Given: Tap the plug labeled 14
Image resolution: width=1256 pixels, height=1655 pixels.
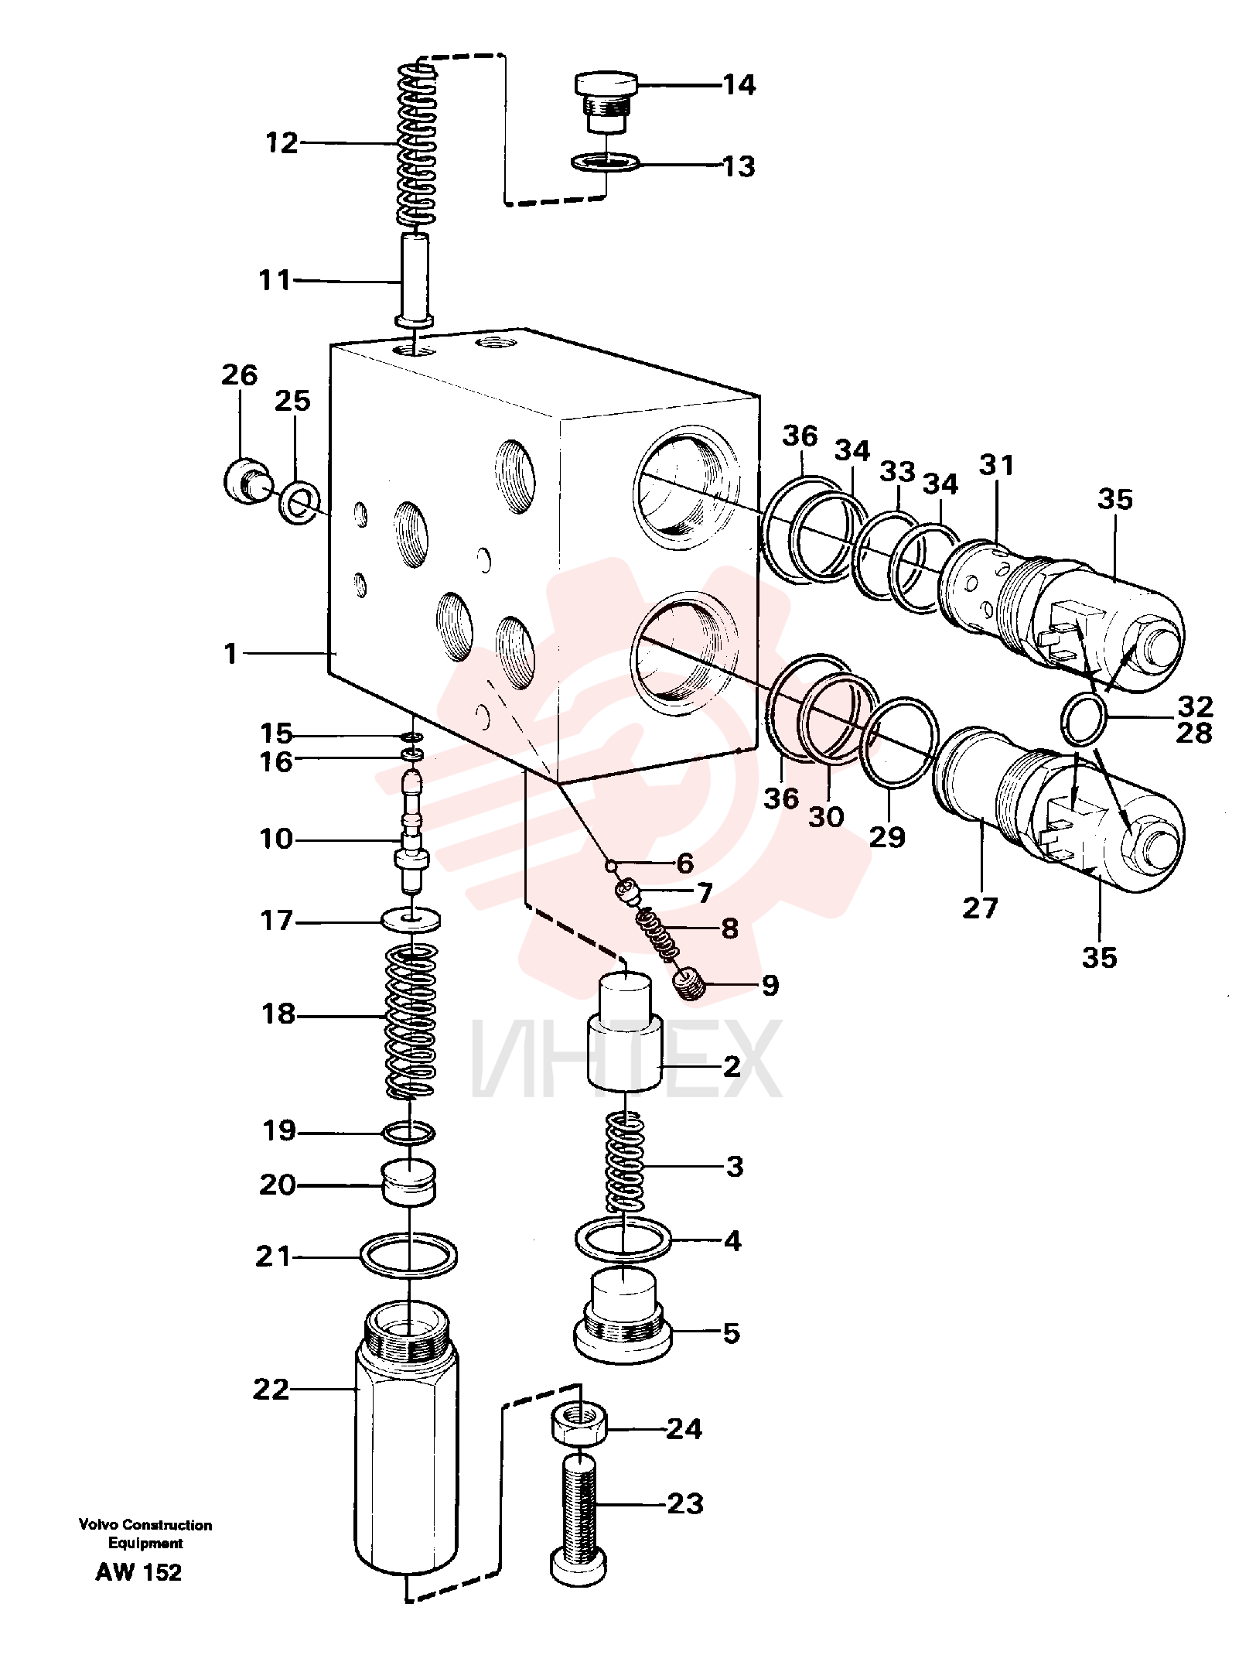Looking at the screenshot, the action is [606, 101].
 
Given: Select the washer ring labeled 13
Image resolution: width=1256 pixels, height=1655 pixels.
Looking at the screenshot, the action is [606, 163].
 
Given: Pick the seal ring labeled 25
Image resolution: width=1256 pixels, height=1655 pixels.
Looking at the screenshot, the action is [298, 502].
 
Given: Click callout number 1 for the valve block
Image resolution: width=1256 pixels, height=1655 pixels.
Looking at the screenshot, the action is [230, 654].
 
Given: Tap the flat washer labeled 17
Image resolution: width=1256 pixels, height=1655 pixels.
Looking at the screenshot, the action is [411, 920].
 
